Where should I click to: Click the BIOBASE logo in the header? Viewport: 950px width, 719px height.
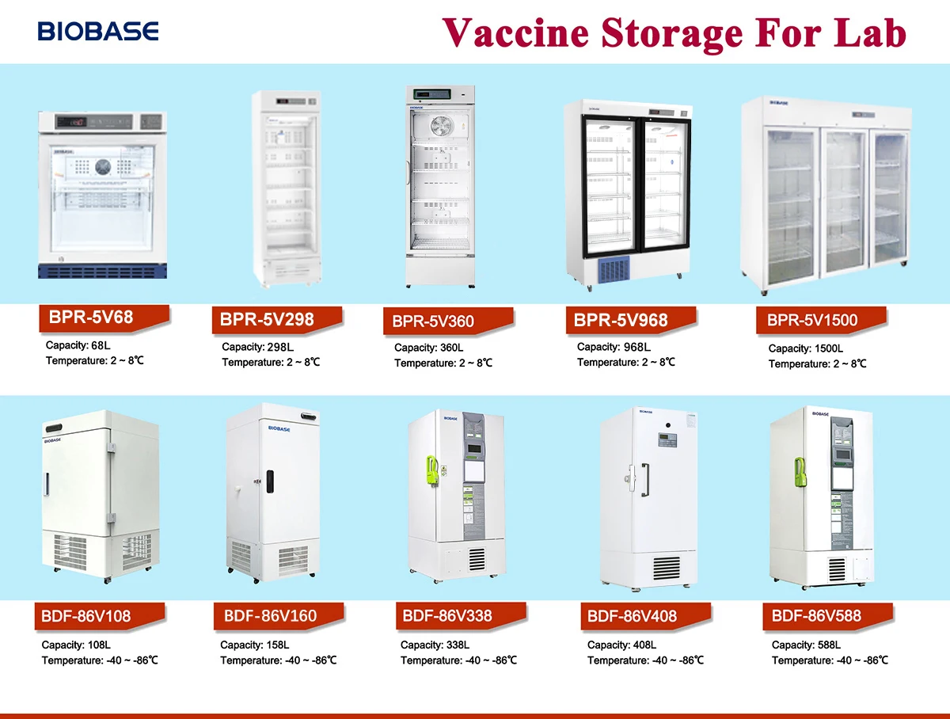(98, 32)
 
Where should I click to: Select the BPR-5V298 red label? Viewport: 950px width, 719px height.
(268, 320)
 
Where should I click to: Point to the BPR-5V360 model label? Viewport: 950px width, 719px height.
(434, 321)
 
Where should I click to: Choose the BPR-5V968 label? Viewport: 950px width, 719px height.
(621, 320)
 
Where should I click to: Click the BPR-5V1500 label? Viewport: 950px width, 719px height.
(812, 321)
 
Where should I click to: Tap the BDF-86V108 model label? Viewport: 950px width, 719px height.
(88, 616)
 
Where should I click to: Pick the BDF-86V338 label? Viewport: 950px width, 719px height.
(448, 615)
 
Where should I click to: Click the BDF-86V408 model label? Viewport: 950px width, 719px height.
(633, 616)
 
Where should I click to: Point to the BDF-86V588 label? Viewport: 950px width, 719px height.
(816, 615)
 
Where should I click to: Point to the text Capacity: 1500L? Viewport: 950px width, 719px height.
(806, 348)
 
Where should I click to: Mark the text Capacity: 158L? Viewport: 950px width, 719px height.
(255, 645)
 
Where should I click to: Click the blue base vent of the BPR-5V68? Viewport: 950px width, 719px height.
(103, 271)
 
